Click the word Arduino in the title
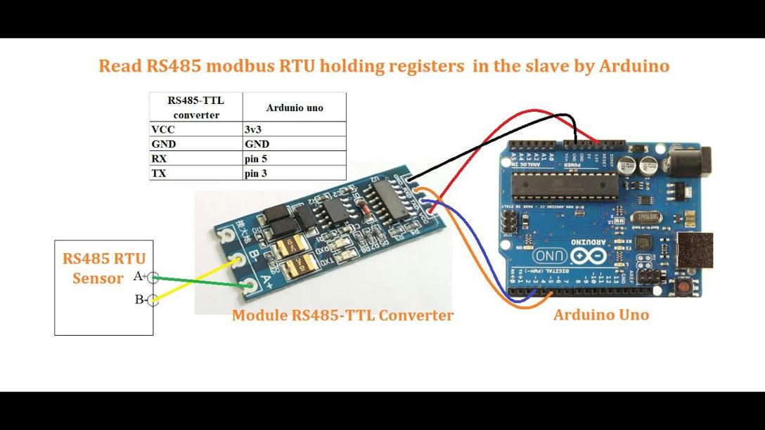pyautogui.click(x=634, y=66)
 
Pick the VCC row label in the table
pyautogui.click(x=163, y=129)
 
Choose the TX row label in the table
pyautogui.click(x=159, y=174)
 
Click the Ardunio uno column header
pyautogui.click(x=295, y=107)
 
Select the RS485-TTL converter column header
pyautogui.click(x=196, y=107)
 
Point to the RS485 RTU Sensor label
pyautogui.click(x=103, y=268)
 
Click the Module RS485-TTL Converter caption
pyautogui.click(x=342, y=315)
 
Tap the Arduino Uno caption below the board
pyautogui.click(x=600, y=315)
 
